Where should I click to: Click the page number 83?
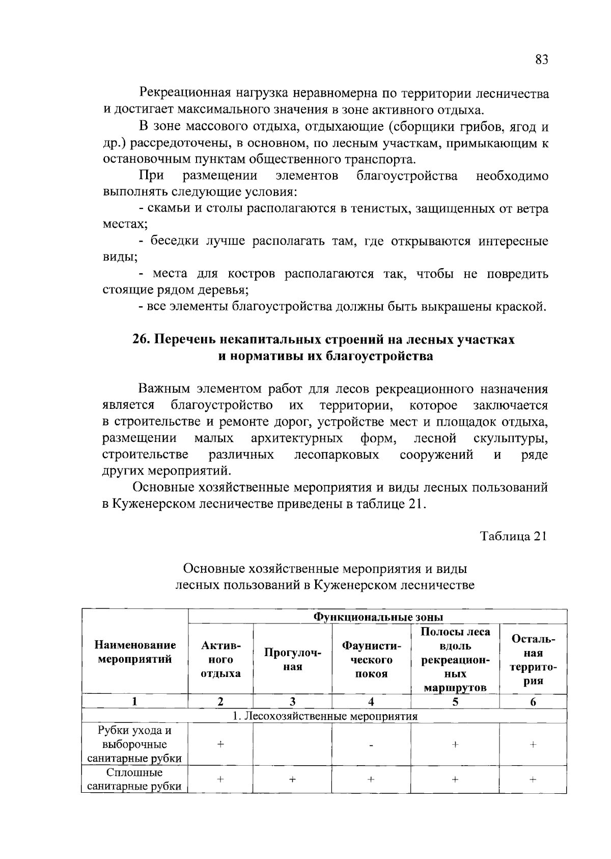pyautogui.click(x=541, y=60)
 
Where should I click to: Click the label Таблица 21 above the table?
pyautogui.click(x=514, y=536)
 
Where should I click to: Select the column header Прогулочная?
pyautogui.click(x=292, y=660)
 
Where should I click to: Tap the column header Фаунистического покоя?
pyautogui.click(x=371, y=660)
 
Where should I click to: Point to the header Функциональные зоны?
pyautogui.click(x=377, y=617)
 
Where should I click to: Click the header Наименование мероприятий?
pyautogui.click(x=135, y=652)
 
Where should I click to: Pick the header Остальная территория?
pyautogui.click(x=533, y=660)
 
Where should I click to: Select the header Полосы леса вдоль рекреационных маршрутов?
pyautogui.click(x=455, y=660)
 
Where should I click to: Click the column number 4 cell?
pyautogui.click(x=371, y=701)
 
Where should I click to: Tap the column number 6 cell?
pyautogui.click(x=533, y=701)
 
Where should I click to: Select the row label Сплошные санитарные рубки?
pyautogui.click(x=135, y=779)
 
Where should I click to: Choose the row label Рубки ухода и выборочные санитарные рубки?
pyautogui.click(x=135, y=744)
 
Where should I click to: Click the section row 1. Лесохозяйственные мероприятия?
pyautogui.click(x=324, y=716)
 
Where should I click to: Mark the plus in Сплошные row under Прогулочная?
pyautogui.click(x=292, y=779)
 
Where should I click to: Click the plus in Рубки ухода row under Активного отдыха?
pyautogui.click(x=220, y=744)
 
